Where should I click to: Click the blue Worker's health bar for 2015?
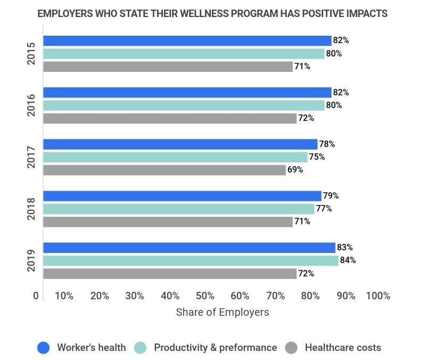click(x=186, y=40)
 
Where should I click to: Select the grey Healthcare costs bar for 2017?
click(x=164, y=170)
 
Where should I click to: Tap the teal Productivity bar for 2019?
click(x=190, y=260)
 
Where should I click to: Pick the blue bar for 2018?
click(x=182, y=195)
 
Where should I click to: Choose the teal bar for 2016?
click(x=183, y=105)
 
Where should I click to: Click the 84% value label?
click(x=349, y=260)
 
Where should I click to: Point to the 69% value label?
click(x=296, y=170)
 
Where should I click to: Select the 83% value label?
click(x=345, y=248)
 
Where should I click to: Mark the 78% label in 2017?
click(x=327, y=144)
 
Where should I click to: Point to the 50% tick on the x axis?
click(x=205, y=296)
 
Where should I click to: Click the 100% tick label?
click(x=378, y=296)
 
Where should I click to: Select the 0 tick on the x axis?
click(x=36, y=296)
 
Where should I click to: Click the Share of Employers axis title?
click(x=222, y=312)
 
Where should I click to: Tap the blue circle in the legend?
click(x=43, y=348)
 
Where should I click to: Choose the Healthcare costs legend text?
click(x=343, y=348)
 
